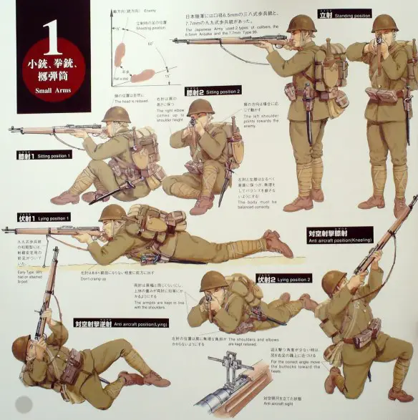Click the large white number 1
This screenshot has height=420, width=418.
click(x=49, y=32)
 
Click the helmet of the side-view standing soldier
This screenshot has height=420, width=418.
click(x=301, y=24)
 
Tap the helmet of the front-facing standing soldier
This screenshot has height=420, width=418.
click(x=384, y=23)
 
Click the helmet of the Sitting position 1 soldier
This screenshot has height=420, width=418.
click(x=116, y=114)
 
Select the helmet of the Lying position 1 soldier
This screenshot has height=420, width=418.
click(x=112, y=213)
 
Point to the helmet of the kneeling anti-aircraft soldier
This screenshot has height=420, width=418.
click(x=333, y=282)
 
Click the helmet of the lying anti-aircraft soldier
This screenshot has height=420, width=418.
click(x=22, y=347)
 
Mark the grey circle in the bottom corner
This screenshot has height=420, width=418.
click(x=24, y=404)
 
